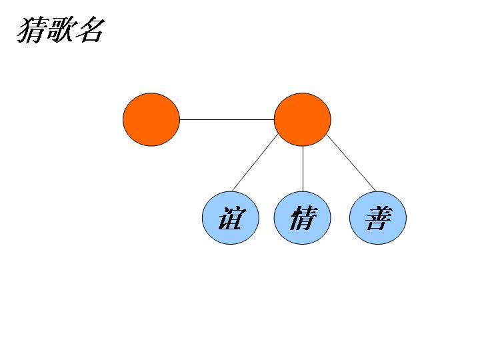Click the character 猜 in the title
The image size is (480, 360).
[33, 30]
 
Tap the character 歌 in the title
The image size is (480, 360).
[61, 30]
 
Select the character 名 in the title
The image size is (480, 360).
[89, 30]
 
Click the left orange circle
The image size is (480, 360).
[151, 119]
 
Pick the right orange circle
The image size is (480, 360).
[303, 119]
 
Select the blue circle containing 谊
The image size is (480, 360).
[231, 217]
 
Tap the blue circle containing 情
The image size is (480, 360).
[303, 217]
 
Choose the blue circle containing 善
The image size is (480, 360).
[378, 217]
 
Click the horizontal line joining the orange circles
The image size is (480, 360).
[227, 119]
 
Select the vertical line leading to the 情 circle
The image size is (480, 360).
[303, 168]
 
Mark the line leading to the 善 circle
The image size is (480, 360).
[351, 163]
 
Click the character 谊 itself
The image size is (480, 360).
[231, 218]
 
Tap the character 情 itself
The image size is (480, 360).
[302, 218]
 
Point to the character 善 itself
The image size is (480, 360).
[378, 218]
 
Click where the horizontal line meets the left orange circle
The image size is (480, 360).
[180, 119]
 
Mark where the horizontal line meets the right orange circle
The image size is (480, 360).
[274, 119]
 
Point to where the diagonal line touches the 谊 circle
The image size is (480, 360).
[233, 191]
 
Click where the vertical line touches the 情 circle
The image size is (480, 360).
[303, 191]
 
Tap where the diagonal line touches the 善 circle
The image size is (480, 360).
[376, 191]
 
